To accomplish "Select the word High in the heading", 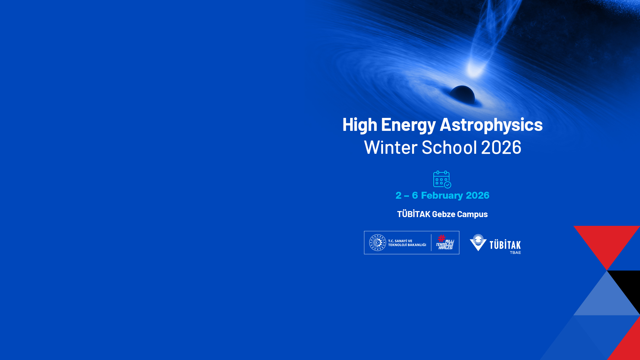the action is (360, 125).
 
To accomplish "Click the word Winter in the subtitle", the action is (391, 147).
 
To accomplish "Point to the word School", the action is (449, 147).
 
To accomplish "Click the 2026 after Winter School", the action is (501, 147).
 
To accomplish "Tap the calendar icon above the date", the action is (442, 179).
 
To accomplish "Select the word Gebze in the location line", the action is (443, 214).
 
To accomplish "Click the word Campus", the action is (472, 214).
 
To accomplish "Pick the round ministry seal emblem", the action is (378, 242).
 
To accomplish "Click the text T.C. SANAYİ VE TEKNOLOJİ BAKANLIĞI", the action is (407, 243).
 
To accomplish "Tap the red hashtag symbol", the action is (442, 238).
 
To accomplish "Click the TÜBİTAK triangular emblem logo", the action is (478, 242).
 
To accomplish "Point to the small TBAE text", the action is (515, 253).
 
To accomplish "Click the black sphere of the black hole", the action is (462, 94).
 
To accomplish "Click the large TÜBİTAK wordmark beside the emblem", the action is (505, 245).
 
